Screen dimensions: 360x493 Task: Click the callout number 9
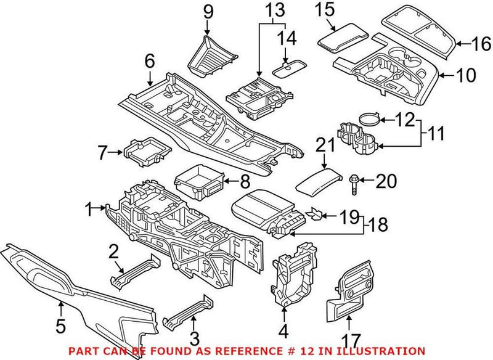click(208, 10)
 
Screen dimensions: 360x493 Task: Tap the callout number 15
click(324, 10)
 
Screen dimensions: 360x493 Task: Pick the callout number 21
click(324, 146)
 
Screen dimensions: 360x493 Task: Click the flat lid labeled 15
click(342, 37)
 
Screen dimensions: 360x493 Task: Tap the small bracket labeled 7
click(147, 150)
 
